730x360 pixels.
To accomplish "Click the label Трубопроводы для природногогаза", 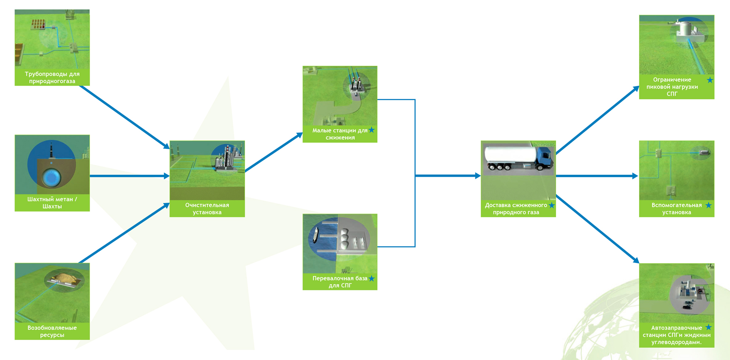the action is pos(52,77).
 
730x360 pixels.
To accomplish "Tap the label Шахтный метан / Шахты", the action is pos(52,203).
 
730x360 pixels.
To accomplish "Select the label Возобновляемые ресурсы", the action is pos(52,331).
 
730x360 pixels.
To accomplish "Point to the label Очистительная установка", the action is pos(207,208).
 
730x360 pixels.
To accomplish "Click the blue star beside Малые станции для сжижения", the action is pos(371,130).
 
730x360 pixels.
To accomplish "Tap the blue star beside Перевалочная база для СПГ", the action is pos(371,278).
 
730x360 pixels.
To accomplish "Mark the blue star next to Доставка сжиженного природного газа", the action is pos(552,205).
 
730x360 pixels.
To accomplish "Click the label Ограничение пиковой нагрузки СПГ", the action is pos(672,87).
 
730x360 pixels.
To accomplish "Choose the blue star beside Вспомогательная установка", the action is pos(709,205).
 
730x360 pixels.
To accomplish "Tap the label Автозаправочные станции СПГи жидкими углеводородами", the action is pos(676,335).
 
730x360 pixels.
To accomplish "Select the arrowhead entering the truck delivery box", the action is pos(477,176).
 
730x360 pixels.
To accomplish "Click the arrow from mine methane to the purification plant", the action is pos(129,176).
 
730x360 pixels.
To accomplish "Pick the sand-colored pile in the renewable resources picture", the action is pos(64,277).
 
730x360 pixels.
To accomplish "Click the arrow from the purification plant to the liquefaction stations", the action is pos(274,152).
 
